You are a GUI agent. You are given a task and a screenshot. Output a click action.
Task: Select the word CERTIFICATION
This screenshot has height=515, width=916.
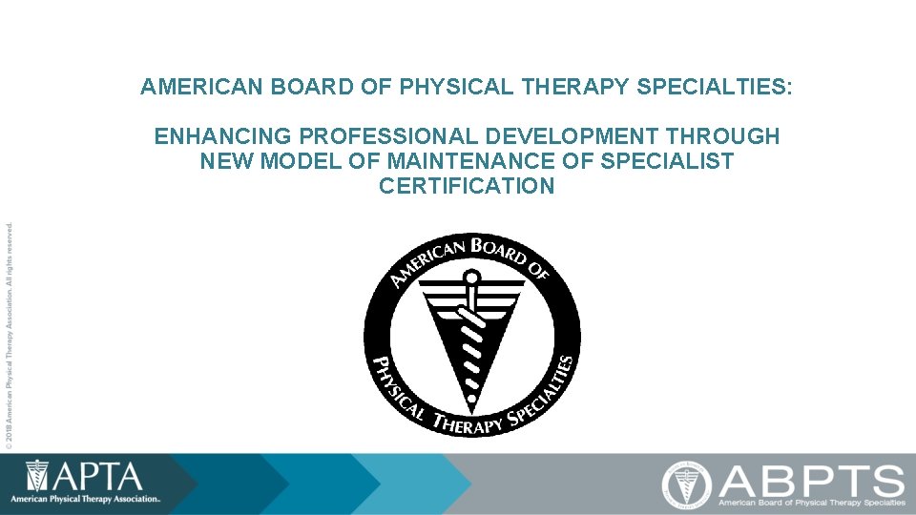467,186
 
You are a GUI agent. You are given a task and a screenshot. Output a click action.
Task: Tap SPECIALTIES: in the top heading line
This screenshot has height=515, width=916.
713,88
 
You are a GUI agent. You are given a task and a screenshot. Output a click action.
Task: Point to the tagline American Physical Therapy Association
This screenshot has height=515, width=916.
85,499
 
